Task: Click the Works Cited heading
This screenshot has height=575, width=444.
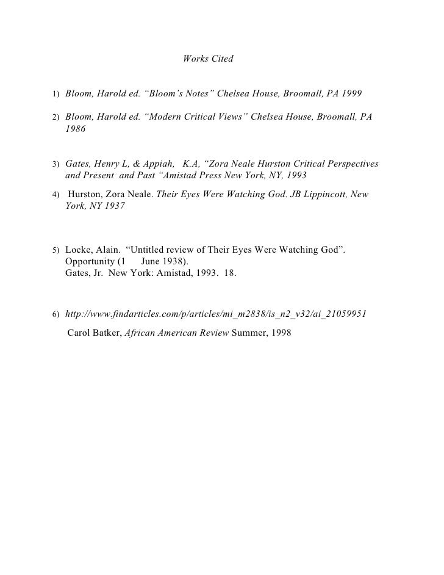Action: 208,60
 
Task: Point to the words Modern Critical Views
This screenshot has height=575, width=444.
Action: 196,116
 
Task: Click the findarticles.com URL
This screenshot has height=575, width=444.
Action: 215,313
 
